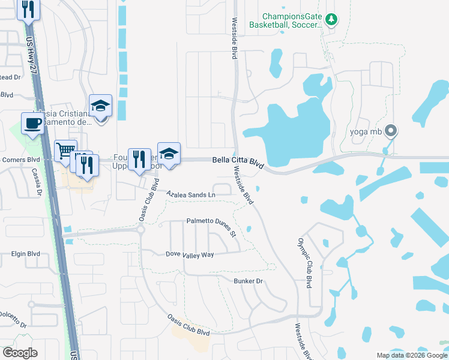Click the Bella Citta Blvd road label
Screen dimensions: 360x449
click(x=238, y=161)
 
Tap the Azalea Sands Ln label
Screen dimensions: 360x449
click(x=190, y=195)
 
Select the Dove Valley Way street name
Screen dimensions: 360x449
click(x=190, y=254)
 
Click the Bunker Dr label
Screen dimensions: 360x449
click(x=249, y=281)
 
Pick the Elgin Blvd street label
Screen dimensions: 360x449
click(x=25, y=254)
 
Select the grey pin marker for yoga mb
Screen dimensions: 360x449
click(x=391, y=130)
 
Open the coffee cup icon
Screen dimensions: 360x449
click(x=32, y=124)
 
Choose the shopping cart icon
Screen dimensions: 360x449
click(x=65, y=151)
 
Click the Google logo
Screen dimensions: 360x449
click(x=20, y=352)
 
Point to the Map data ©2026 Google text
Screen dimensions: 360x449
click(x=411, y=355)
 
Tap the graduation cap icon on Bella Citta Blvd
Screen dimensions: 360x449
click(x=169, y=154)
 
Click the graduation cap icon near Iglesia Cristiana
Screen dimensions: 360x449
click(x=100, y=106)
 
